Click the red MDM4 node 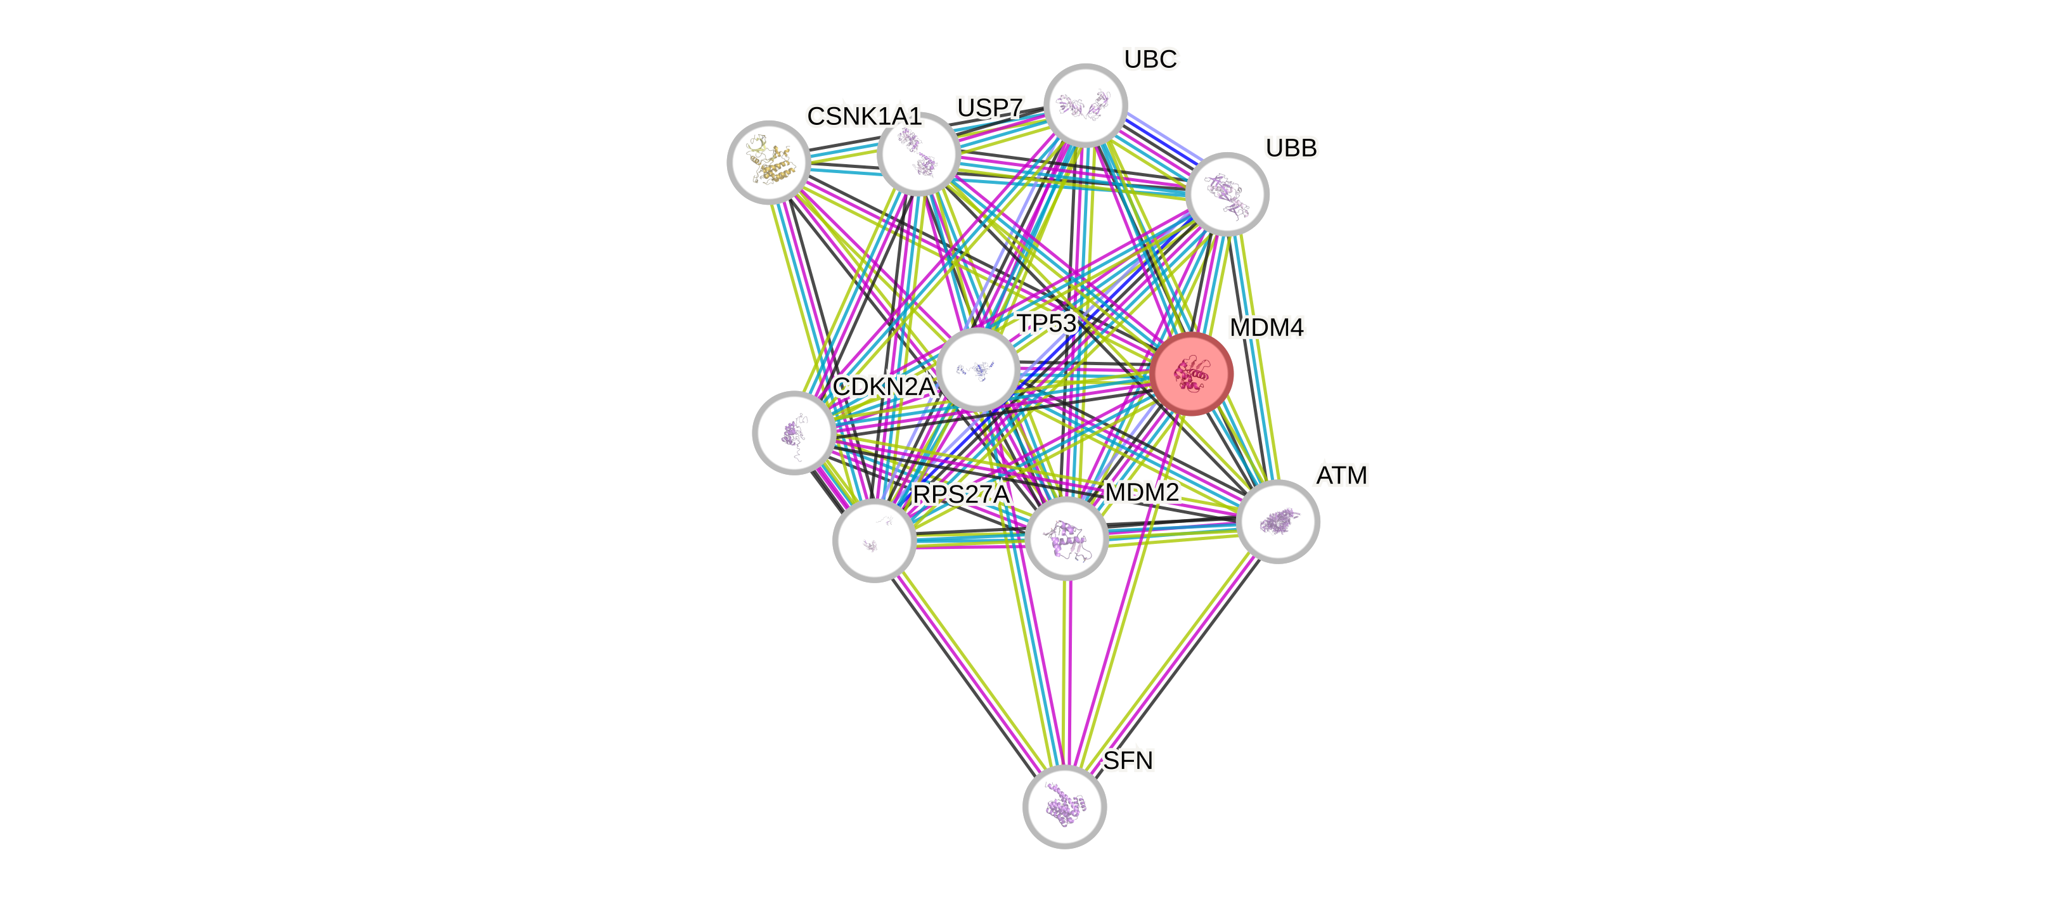coord(1192,374)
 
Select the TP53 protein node coord(978,369)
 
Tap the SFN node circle coord(1065,806)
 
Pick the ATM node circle coord(1277,522)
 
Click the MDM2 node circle coord(1066,538)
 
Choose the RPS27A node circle coord(874,540)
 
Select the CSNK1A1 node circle coord(768,162)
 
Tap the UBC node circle coord(1086,105)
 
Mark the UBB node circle coord(1227,194)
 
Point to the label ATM coord(1343,475)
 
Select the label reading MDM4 coord(1266,327)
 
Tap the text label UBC coord(1150,59)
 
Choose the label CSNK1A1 coord(865,117)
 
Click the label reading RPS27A coord(962,494)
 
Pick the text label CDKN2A coord(884,387)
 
